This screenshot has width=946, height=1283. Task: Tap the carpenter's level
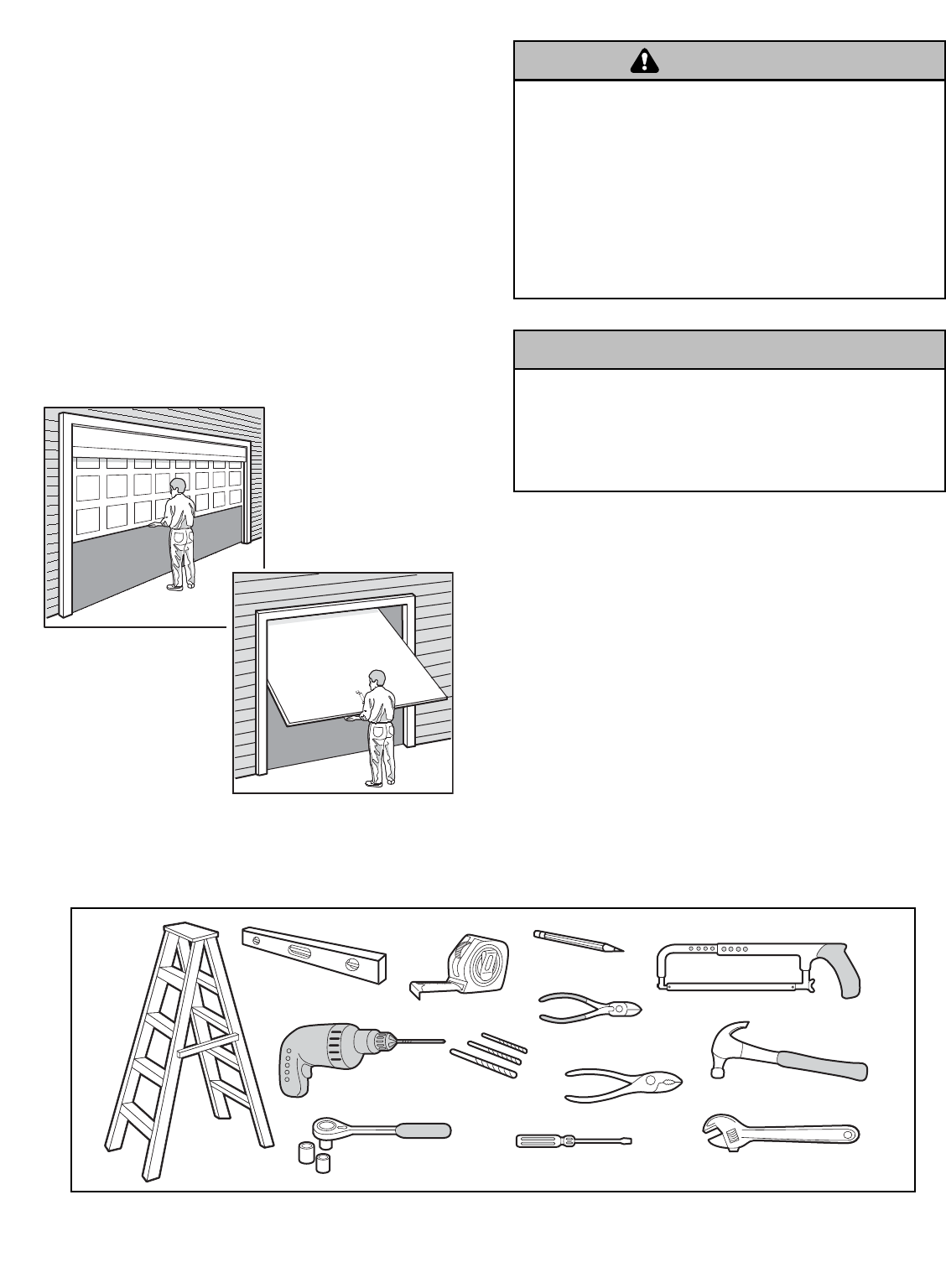click(x=314, y=954)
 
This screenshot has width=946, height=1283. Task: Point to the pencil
click(x=579, y=940)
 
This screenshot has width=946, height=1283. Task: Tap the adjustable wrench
click(x=780, y=1134)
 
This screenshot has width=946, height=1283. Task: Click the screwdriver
click(x=572, y=1140)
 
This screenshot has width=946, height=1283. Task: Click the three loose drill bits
click(x=491, y=1052)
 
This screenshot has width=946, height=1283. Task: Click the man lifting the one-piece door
click(x=380, y=726)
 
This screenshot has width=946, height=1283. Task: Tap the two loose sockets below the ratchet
click(x=314, y=1156)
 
